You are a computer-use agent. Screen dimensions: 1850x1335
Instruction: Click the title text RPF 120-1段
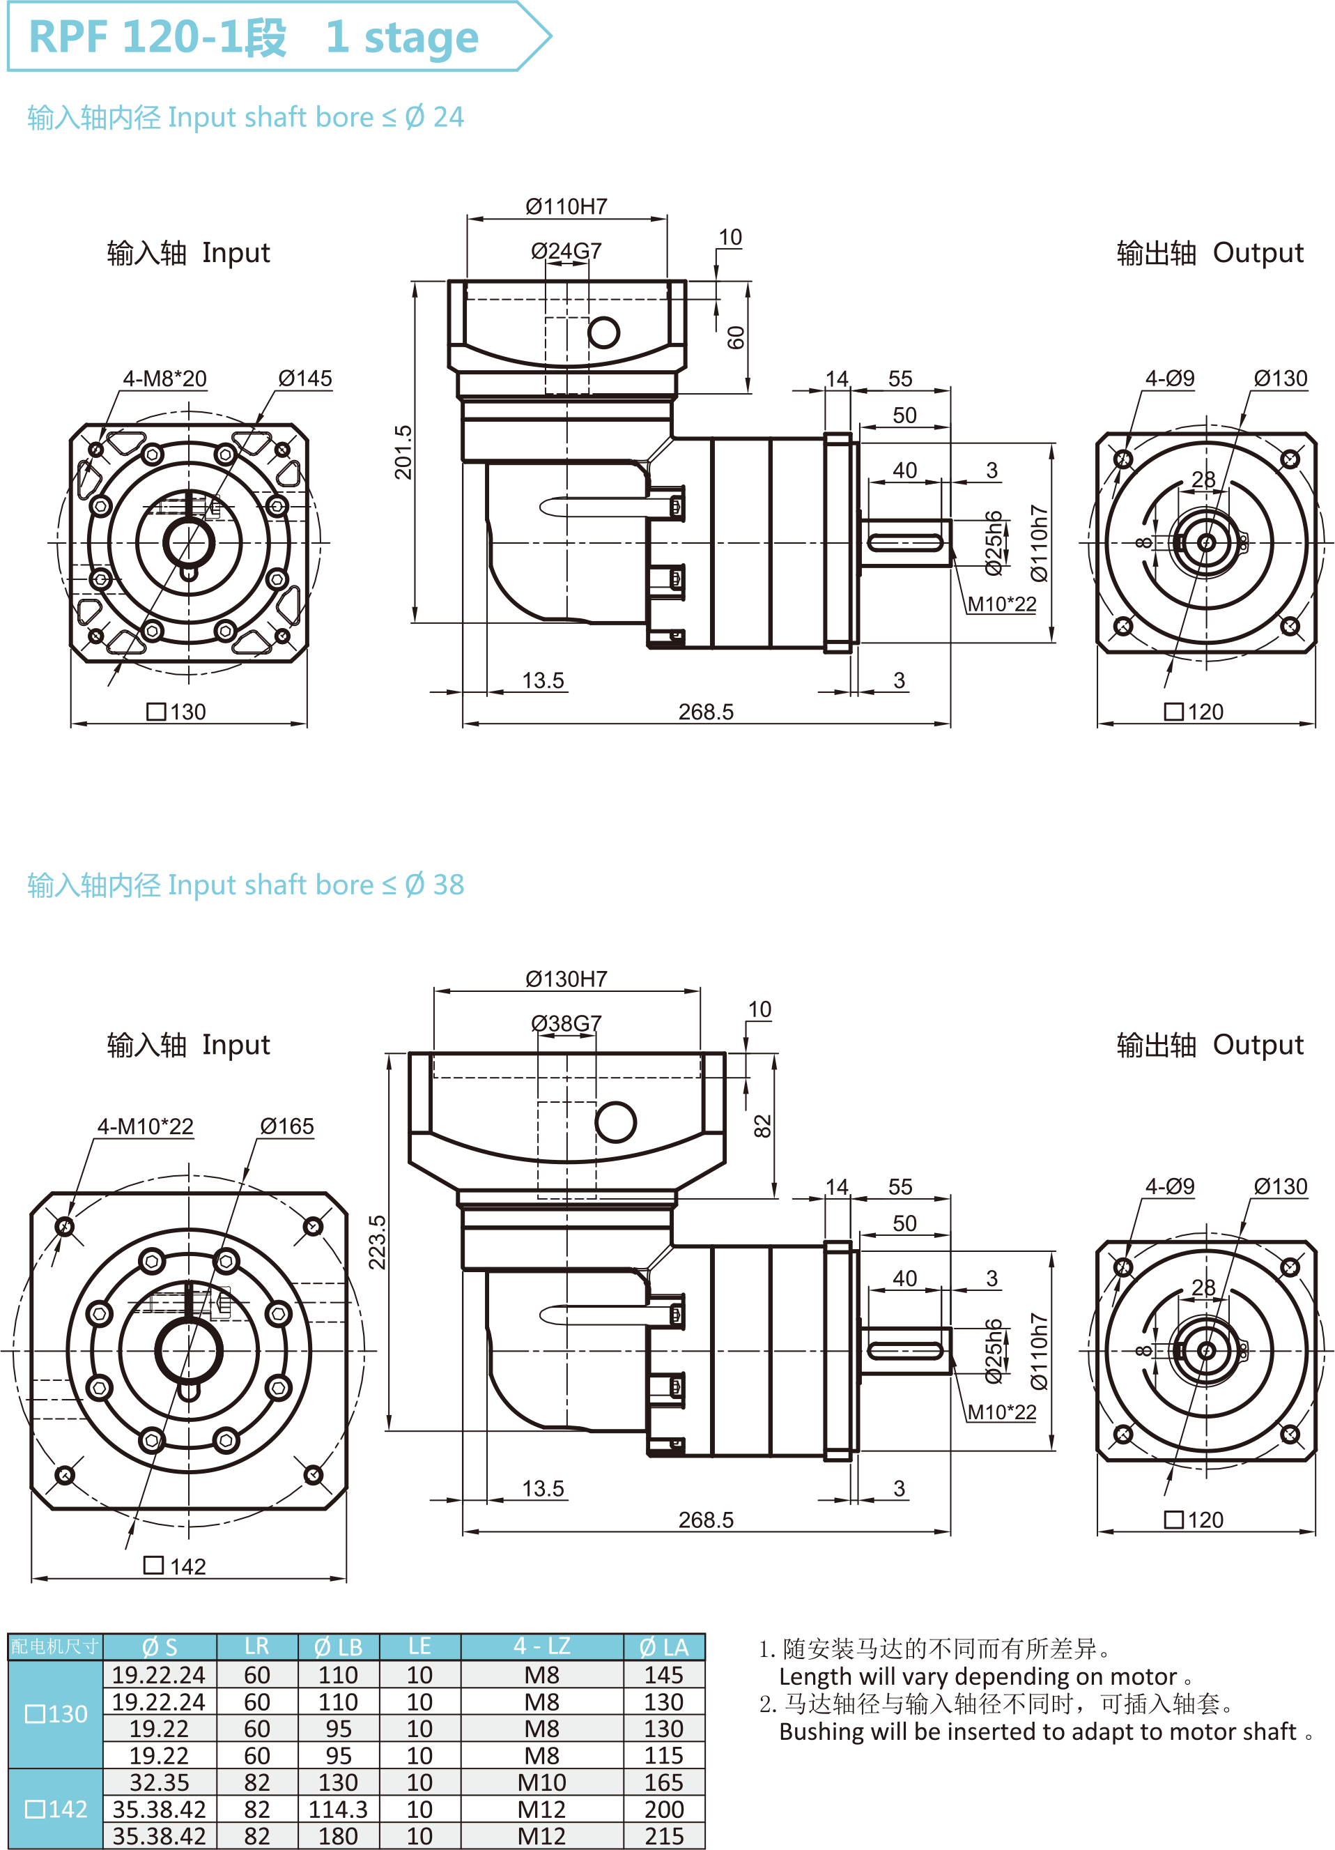(x=157, y=37)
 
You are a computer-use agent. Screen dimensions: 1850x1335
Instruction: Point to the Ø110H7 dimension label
(x=566, y=206)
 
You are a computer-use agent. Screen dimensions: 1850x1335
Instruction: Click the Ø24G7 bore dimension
(x=566, y=250)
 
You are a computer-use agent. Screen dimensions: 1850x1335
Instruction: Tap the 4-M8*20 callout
(x=164, y=379)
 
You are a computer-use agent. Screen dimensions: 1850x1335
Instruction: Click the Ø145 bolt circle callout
(x=305, y=379)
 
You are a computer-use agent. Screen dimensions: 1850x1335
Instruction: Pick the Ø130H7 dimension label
(x=566, y=979)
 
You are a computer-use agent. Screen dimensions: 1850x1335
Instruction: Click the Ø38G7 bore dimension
(x=566, y=1023)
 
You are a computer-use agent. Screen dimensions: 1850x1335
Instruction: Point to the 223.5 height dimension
(x=377, y=1242)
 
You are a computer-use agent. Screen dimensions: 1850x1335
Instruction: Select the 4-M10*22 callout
(x=145, y=1126)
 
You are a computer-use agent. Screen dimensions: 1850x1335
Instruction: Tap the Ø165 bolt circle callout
(x=286, y=1126)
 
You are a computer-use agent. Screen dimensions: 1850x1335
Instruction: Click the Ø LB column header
(x=338, y=1647)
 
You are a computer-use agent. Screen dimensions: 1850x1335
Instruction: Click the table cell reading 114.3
(x=338, y=1809)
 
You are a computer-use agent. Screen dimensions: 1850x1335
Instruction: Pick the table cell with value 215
(x=664, y=1836)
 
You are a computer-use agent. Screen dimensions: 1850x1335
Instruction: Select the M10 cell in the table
(x=541, y=1782)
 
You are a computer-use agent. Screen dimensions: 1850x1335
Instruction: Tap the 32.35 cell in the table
(x=159, y=1782)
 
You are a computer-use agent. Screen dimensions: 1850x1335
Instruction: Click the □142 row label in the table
(x=56, y=1809)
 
